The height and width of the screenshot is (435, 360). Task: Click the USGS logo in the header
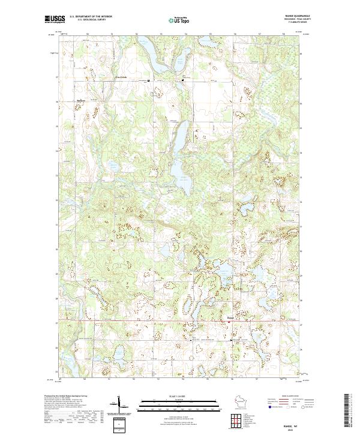coord(55,19)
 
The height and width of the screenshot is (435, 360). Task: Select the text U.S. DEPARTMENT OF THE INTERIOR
coord(91,16)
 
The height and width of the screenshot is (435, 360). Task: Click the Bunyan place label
coord(81,100)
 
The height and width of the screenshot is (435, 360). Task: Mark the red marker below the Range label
coord(229,322)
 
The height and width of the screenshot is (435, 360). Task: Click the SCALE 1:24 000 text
coord(179,397)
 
